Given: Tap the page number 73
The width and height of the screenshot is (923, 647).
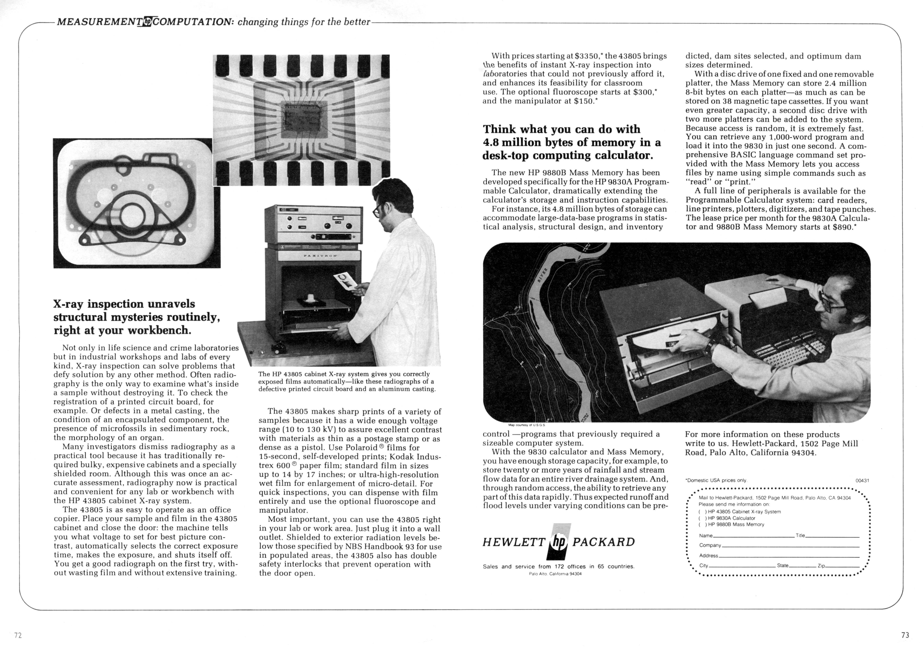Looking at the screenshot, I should (905, 635).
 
